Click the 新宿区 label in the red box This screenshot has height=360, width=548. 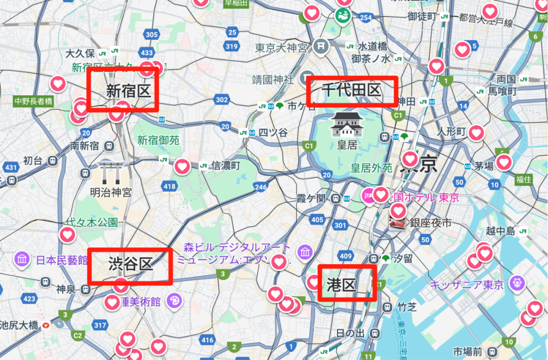pyautogui.click(x=128, y=91)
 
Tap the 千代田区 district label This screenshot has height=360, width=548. pyautogui.click(x=351, y=91)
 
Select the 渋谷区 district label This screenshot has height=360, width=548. pyautogui.click(x=130, y=264)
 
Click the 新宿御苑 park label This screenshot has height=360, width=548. pyautogui.click(x=158, y=140)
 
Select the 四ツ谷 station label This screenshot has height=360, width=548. pyautogui.click(x=273, y=133)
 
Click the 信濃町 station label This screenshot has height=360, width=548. pyautogui.click(x=226, y=165)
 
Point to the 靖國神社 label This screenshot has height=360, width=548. pyautogui.click(x=273, y=80)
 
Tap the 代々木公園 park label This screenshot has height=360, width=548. pyautogui.click(x=91, y=222)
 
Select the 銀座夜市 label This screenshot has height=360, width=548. pyautogui.click(x=430, y=223)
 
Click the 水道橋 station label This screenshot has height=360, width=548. pyautogui.click(x=372, y=45)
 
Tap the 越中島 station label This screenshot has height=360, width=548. pyautogui.click(x=500, y=231)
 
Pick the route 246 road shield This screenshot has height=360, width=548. pyautogui.click(x=261, y=187)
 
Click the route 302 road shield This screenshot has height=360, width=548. pyautogui.click(x=221, y=100)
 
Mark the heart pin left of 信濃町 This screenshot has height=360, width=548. pyautogui.click(x=183, y=166)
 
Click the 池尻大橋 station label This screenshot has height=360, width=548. pyautogui.click(x=19, y=325)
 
